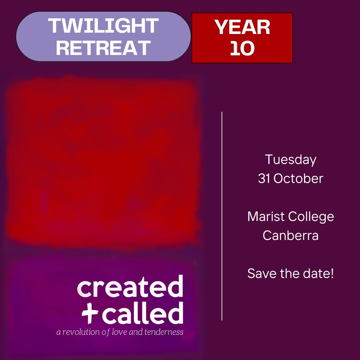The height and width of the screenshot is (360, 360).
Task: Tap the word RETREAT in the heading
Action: coord(103,48)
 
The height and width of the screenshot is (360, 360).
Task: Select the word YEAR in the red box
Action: coord(242,27)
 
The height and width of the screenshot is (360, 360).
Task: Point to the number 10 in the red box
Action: coord(242,48)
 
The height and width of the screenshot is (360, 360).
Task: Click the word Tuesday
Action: coord(291,160)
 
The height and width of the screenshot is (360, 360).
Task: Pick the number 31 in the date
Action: coord(264,179)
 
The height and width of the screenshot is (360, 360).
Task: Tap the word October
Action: coord(298,179)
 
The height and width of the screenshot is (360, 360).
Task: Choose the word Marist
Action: coord(266,216)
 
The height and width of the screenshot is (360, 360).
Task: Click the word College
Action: coord(311,217)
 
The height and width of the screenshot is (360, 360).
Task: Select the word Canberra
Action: coord(291,235)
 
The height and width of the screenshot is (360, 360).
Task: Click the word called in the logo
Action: coord(143,313)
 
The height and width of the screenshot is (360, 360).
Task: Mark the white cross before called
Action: coord(90,313)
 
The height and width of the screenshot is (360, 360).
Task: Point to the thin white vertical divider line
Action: coord(222,216)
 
